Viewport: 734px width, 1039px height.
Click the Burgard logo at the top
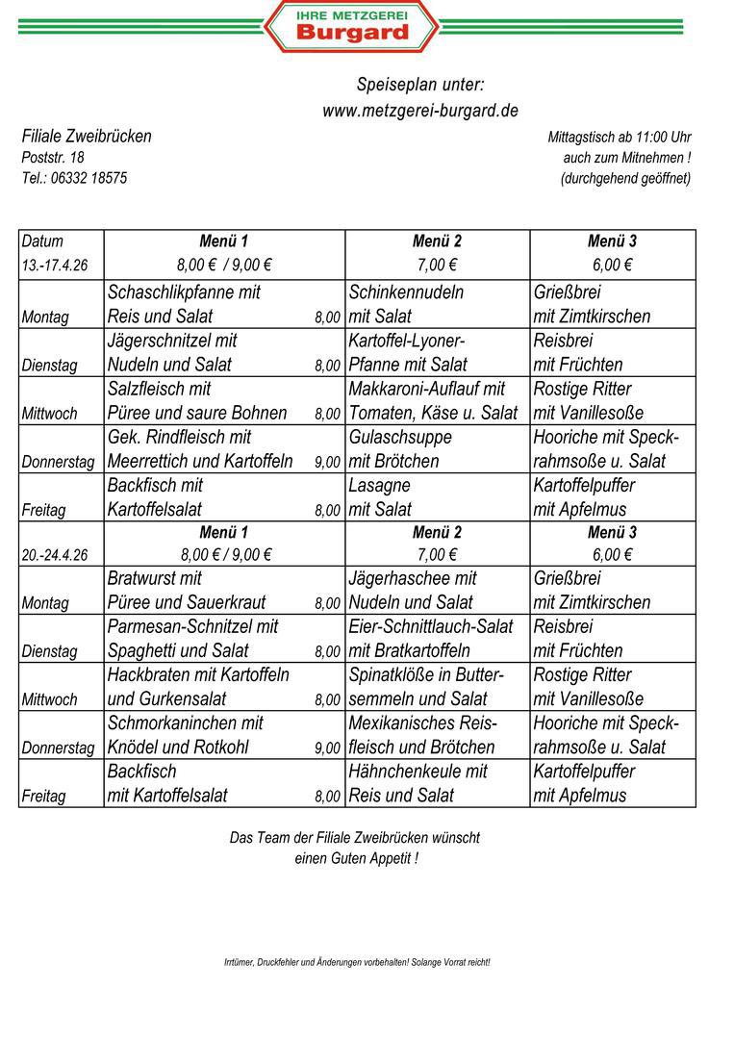(x=352, y=26)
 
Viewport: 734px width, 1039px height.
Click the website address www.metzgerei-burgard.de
(x=420, y=111)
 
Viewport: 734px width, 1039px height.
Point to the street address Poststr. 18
(x=53, y=157)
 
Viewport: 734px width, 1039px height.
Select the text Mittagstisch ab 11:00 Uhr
(x=620, y=138)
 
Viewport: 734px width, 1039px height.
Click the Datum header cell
(x=42, y=241)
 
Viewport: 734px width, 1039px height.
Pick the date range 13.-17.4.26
(x=55, y=266)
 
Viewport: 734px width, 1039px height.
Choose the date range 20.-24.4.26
(x=55, y=555)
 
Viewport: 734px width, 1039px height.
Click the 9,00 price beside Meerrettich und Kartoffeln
(x=327, y=462)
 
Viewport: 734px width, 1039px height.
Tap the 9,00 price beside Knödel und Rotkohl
(x=327, y=748)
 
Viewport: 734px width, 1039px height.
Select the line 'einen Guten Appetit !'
(x=356, y=858)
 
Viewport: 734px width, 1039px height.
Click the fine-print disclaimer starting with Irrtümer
(x=357, y=962)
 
